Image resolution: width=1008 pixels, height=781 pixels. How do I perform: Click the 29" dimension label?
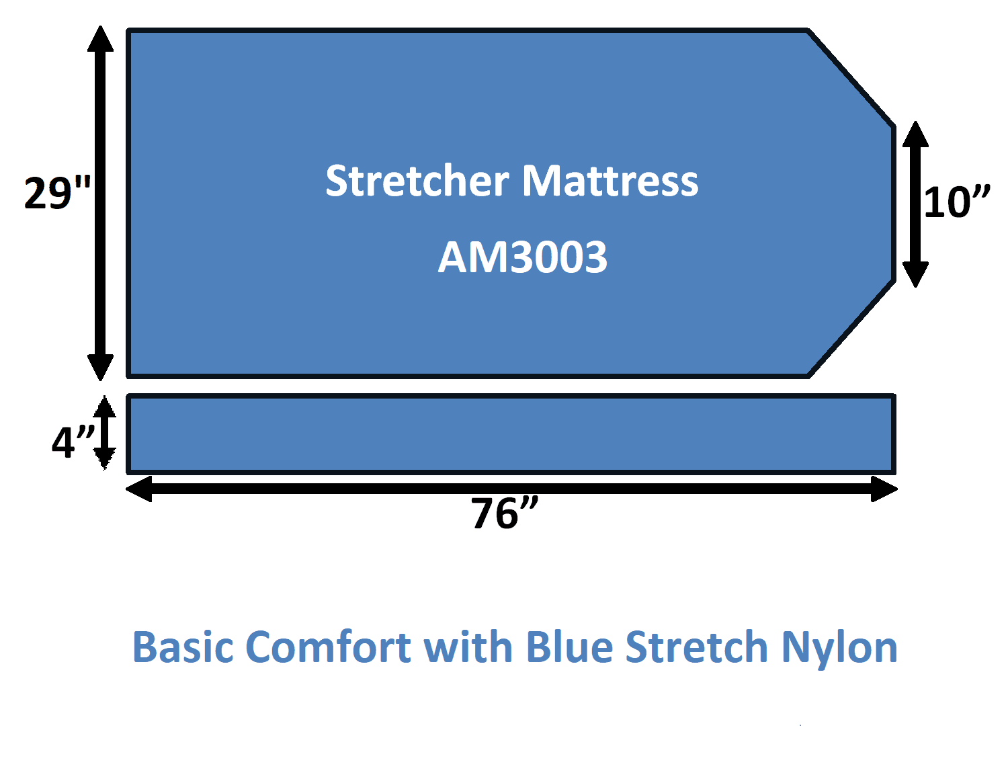(58, 193)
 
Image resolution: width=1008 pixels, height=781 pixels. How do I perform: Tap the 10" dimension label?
(956, 202)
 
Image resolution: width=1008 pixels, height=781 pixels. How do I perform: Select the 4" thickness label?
(73, 442)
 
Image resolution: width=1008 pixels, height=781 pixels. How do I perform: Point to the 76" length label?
(505, 513)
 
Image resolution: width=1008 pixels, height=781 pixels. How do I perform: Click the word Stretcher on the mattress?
(417, 181)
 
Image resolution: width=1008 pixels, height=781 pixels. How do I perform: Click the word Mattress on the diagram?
(610, 181)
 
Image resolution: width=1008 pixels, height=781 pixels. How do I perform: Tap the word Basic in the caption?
(183, 647)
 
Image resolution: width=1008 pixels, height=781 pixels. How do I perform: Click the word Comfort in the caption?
(328, 647)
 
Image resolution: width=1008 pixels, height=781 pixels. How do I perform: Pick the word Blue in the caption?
(569, 647)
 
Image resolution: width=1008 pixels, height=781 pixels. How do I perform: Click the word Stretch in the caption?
(696, 647)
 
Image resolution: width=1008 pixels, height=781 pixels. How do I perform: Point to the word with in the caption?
(468, 647)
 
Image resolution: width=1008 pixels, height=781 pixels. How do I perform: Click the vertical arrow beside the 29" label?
(100, 203)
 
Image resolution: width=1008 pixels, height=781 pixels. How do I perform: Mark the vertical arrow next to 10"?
(915, 204)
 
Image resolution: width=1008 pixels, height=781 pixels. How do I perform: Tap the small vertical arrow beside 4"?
(104, 433)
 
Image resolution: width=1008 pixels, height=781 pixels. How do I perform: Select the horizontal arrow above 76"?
(511, 489)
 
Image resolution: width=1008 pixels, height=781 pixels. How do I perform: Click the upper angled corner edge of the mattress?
(851, 78)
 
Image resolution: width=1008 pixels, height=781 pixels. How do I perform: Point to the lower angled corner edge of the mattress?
(851, 329)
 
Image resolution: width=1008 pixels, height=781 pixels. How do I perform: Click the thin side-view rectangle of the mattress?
(511, 434)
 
